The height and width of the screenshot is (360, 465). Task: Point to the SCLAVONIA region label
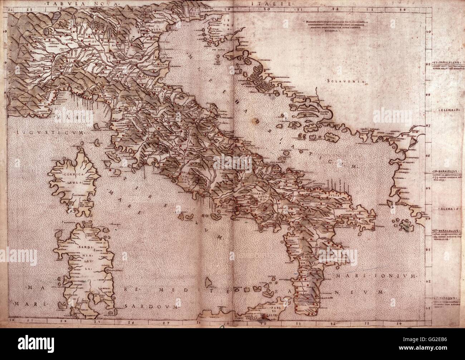345,82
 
